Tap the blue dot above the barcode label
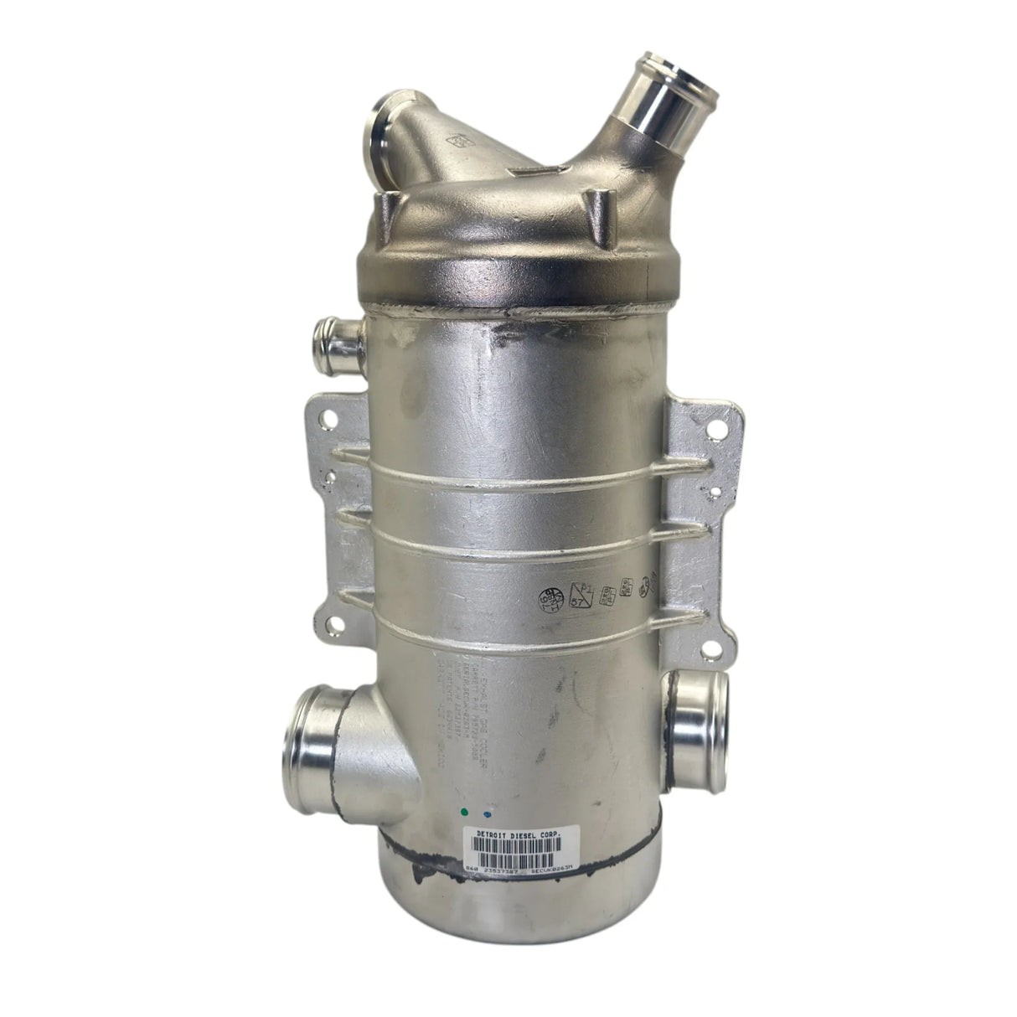(487, 813)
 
